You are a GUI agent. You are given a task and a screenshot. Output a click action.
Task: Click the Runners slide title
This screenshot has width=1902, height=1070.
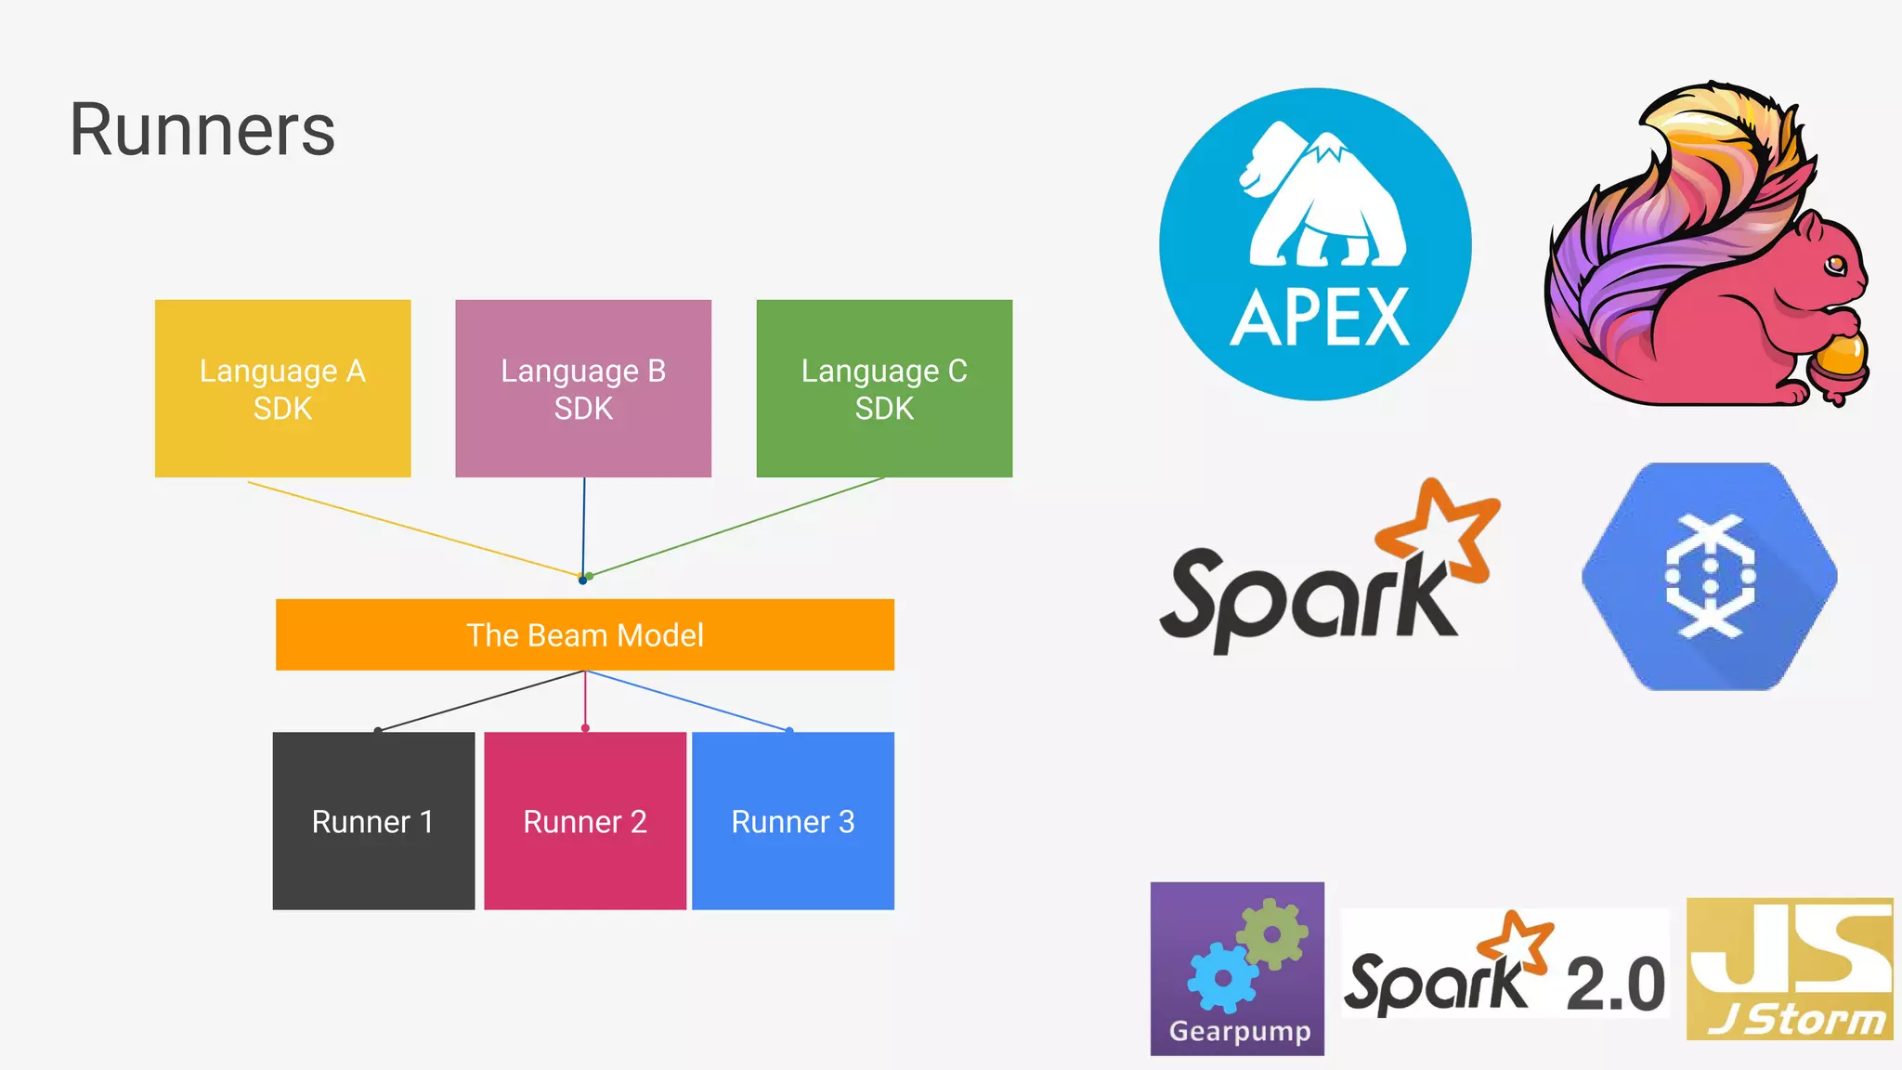(202, 130)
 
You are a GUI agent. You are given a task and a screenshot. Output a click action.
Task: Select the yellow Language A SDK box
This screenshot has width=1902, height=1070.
(282, 388)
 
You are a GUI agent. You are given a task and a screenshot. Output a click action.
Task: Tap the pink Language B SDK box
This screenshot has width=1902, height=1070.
(583, 388)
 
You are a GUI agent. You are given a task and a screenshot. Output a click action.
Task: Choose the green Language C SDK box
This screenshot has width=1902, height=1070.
(884, 388)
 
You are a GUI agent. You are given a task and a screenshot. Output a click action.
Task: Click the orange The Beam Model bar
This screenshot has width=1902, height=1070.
(585, 635)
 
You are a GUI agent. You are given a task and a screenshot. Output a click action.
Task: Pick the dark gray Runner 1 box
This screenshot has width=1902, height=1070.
(373, 821)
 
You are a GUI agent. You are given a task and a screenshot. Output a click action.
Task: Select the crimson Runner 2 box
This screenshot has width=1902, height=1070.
(585, 821)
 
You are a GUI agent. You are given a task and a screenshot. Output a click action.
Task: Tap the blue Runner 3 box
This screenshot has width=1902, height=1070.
(793, 821)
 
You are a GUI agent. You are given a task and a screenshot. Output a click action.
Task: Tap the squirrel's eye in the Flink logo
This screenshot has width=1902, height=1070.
(1835, 267)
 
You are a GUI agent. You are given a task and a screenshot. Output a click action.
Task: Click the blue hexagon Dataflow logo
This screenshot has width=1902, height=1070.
(1709, 576)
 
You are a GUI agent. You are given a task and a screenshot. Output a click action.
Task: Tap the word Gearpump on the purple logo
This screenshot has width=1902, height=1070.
(1239, 1031)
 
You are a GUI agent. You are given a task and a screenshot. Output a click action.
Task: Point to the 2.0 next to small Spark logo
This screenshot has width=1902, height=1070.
(1614, 985)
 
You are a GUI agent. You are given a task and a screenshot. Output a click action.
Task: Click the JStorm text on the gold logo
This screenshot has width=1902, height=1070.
(1796, 1020)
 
